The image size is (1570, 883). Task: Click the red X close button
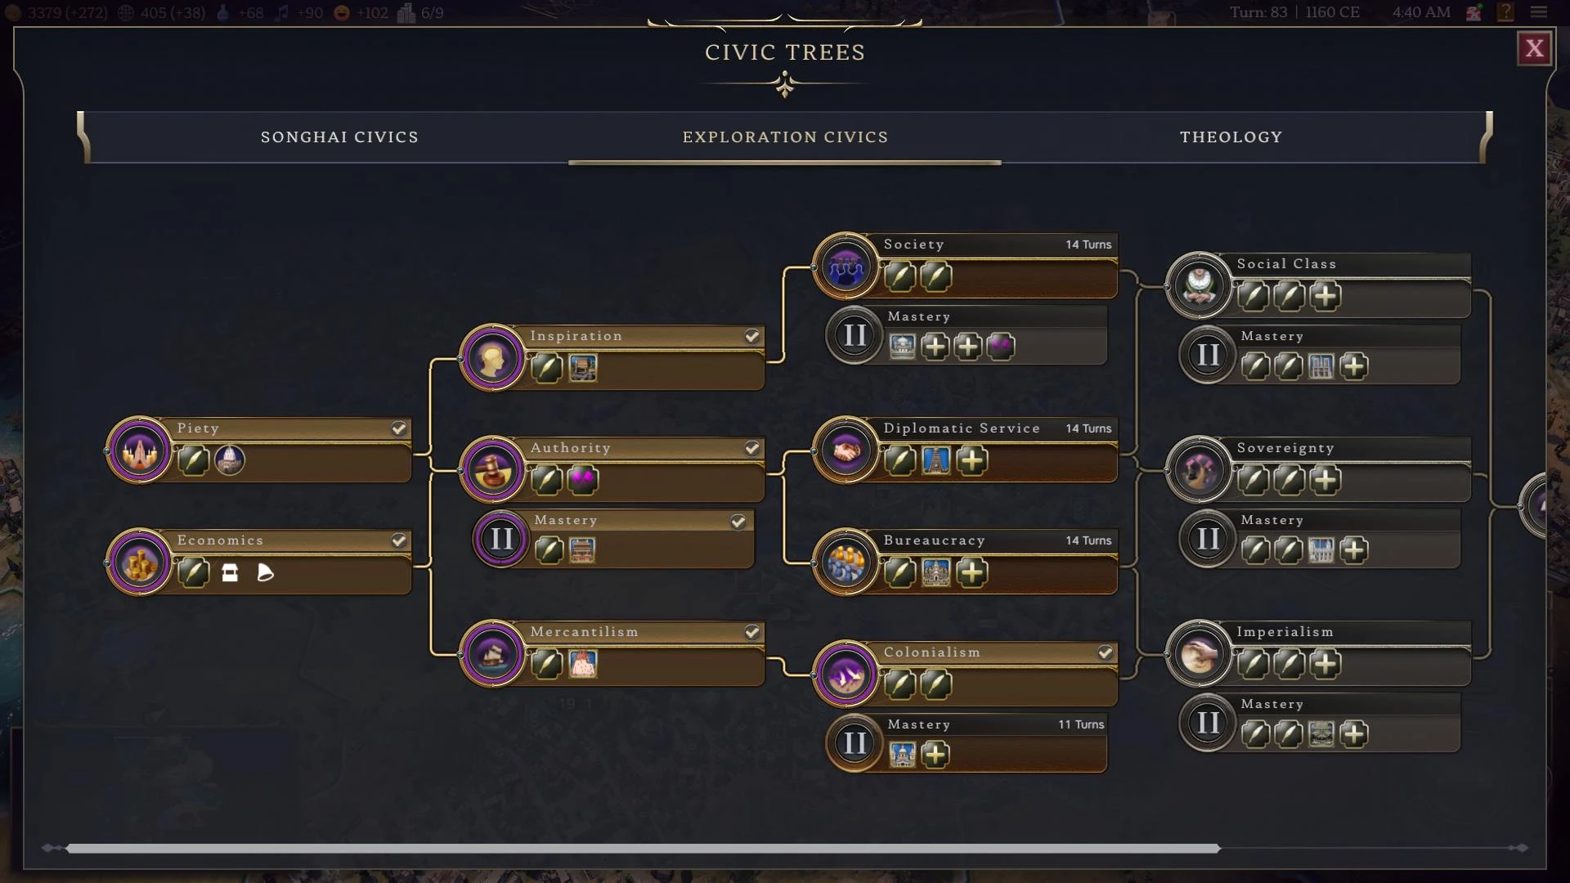pos(1534,49)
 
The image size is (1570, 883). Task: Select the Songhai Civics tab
pos(339,137)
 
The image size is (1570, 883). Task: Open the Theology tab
pos(1231,137)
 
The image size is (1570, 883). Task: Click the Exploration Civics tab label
pos(785,137)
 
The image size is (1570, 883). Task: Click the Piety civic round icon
pos(140,450)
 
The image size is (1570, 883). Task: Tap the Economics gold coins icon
pos(140,563)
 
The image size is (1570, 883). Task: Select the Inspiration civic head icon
pos(492,358)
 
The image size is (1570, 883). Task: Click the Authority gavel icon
pos(492,470)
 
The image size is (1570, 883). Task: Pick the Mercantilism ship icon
pos(492,654)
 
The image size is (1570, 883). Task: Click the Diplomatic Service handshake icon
pos(846,450)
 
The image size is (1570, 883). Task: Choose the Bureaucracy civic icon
pos(846,563)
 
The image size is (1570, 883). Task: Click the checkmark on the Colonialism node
pos(1105,652)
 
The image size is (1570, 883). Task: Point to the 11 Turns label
pos(1080,724)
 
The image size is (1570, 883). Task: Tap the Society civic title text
pos(913,244)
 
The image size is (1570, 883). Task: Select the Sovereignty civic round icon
pos(1199,470)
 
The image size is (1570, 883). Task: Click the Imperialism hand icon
pos(1199,654)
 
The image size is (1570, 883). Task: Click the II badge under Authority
pos(501,539)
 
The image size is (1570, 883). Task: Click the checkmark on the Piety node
pos(398,428)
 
